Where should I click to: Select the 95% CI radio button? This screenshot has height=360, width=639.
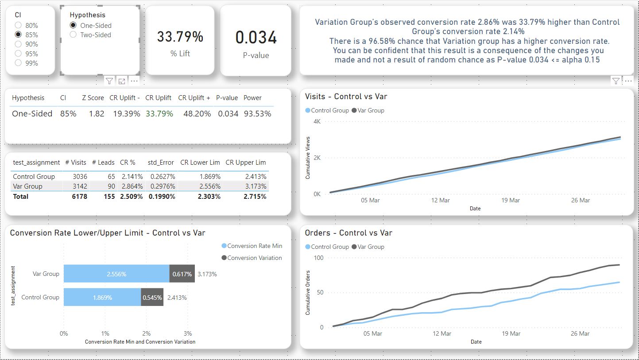tap(18, 54)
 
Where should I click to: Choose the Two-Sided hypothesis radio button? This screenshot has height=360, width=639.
tap(73, 35)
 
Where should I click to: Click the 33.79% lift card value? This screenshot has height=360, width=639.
tap(180, 37)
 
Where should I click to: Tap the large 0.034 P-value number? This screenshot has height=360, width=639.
tap(256, 38)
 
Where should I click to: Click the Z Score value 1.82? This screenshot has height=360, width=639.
tap(97, 114)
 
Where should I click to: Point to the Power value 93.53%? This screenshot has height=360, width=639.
tap(257, 114)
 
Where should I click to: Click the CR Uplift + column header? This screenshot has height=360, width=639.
tap(194, 98)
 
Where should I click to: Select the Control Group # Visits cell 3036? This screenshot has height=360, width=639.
tap(80, 177)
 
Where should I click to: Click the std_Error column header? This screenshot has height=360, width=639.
tap(161, 163)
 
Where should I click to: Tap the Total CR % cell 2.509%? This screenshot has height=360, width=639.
tap(131, 197)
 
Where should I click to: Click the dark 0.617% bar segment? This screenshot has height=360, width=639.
tap(182, 274)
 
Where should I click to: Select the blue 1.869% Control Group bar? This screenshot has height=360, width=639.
tap(102, 298)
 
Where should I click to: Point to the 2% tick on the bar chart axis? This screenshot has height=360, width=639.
tap(147, 333)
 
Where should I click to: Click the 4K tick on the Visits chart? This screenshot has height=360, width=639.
tap(317, 121)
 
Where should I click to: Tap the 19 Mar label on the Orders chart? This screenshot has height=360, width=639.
tap(511, 333)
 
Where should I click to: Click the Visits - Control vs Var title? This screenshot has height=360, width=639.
tap(346, 97)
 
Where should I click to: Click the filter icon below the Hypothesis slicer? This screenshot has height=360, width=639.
tap(109, 81)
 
